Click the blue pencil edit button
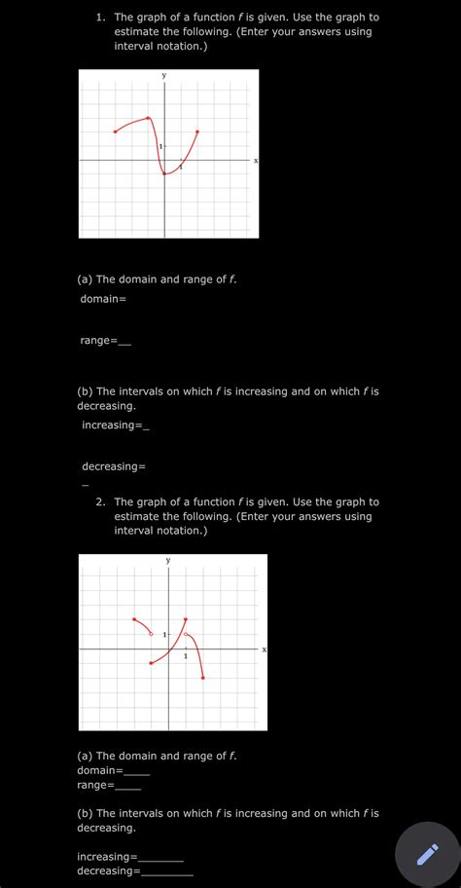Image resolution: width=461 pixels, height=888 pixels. [x=426, y=854]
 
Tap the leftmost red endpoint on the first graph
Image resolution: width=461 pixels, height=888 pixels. [x=115, y=131]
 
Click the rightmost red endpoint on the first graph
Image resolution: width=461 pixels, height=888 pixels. [x=197, y=131]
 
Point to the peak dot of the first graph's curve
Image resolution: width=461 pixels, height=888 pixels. [x=149, y=119]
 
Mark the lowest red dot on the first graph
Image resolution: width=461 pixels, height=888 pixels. [x=164, y=174]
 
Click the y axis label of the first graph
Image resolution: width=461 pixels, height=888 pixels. [x=164, y=75]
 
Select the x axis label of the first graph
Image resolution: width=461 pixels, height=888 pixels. [x=255, y=161]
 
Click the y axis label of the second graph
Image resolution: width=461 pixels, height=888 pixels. [x=168, y=560]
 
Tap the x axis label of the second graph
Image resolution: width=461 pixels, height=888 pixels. [x=263, y=648]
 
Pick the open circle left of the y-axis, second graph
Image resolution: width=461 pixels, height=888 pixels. [x=151, y=634]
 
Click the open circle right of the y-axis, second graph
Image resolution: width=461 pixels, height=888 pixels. [x=186, y=635]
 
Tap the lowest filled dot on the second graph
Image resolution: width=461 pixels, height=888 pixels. [x=202, y=677]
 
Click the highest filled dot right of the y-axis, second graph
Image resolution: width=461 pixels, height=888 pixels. [x=186, y=619]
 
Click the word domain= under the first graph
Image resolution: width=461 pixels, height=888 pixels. [x=103, y=298]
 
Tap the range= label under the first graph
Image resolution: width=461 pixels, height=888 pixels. [x=98, y=340]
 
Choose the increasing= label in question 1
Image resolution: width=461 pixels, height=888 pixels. [x=112, y=425]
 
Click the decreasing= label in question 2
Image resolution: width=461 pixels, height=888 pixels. [x=108, y=870]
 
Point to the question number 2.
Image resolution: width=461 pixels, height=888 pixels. [x=101, y=502]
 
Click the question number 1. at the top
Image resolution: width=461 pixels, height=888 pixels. [x=101, y=18]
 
